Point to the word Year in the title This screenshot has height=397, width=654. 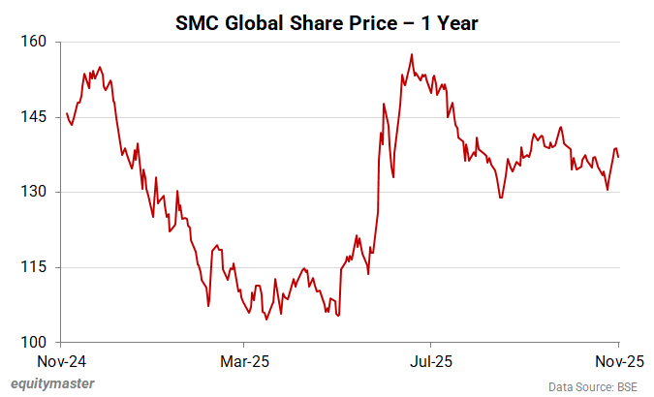(453, 20)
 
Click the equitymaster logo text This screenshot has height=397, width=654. (53, 384)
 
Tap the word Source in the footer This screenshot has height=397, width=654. (585, 386)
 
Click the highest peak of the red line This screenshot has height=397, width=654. (412, 55)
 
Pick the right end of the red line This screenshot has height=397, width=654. (618, 157)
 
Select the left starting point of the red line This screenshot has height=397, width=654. (66, 113)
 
